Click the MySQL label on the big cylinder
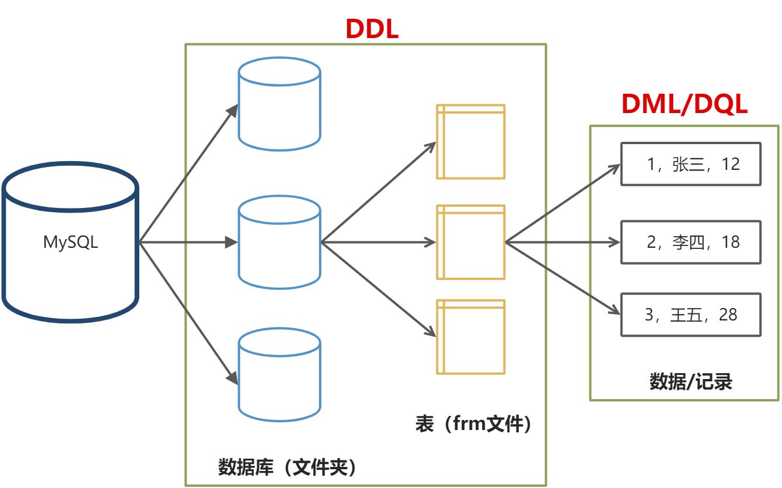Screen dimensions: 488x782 70,243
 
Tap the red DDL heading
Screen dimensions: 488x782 372,28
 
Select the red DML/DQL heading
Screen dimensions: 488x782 684,104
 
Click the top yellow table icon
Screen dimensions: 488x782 471,141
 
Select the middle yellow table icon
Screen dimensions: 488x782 471,242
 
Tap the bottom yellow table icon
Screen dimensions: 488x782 471,337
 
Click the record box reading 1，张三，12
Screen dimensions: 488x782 691,164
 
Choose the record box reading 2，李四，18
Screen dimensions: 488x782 691,242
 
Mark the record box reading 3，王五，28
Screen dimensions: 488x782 691,315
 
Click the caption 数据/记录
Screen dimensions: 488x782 691,382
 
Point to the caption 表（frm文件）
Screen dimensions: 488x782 474,424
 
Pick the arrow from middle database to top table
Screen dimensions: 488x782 379,192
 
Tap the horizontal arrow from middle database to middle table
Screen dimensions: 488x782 379,242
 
